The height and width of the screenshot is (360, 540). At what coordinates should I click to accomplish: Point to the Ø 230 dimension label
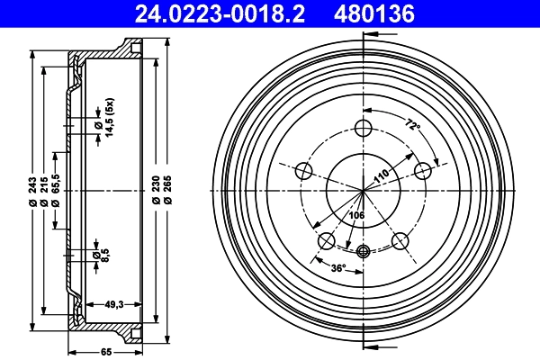(157, 191)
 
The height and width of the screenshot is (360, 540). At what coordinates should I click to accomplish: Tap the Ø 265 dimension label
(168, 191)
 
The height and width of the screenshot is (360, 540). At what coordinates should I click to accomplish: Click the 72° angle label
(412, 126)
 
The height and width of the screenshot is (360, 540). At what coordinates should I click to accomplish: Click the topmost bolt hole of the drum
(364, 126)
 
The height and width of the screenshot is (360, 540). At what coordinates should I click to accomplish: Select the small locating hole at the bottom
(364, 251)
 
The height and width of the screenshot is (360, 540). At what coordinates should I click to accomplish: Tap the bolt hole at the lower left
(327, 239)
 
